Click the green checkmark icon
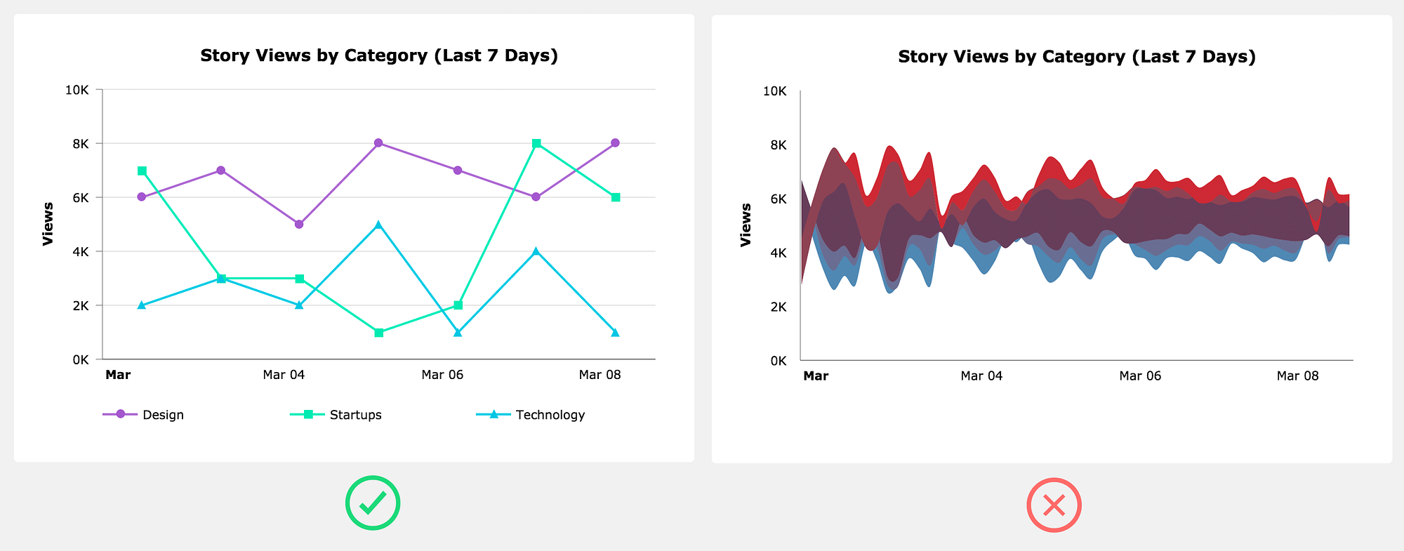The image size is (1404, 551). tap(372, 503)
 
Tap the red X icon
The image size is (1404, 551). tap(1054, 505)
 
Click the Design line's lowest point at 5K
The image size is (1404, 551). tap(299, 225)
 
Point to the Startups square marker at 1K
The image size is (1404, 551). tap(378, 333)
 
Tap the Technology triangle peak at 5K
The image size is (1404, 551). tap(378, 225)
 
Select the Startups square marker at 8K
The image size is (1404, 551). tap(536, 143)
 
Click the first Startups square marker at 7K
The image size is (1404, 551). tap(142, 171)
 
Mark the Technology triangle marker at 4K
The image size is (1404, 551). tap(536, 251)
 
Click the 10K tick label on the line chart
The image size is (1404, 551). tap(77, 90)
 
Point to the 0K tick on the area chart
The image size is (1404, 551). tap(779, 361)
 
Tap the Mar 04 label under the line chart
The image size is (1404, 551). tap(284, 375)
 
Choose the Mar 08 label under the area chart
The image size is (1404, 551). tap(1297, 376)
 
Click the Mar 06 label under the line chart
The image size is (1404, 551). tap(442, 375)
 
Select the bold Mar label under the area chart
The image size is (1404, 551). tap(816, 376)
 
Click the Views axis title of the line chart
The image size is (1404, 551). tap(48, 224)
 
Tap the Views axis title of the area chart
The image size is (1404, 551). tap(746, 225)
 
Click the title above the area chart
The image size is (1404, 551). tap(1076, 57)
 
